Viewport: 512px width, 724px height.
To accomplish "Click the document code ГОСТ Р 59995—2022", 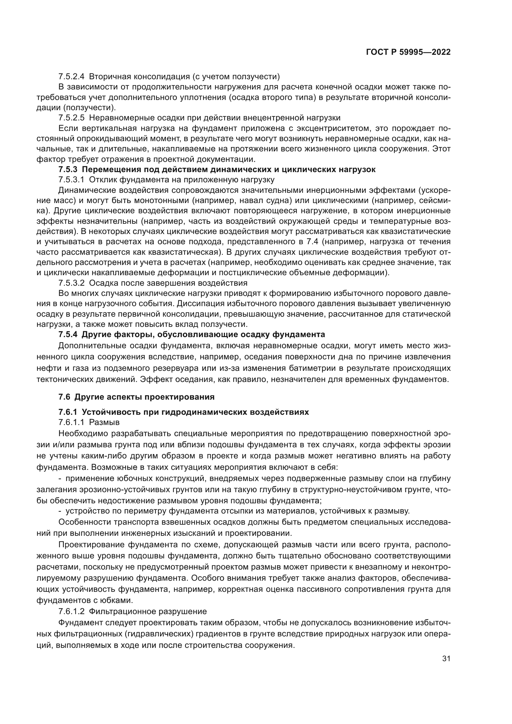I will pos(408,52).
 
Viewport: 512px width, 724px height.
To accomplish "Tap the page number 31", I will pos(446,659).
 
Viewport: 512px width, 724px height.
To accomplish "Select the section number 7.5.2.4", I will pos(71,77).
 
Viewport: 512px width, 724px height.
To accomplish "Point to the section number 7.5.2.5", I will pos(71,118).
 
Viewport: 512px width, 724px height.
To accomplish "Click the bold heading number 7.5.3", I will pos(68,170).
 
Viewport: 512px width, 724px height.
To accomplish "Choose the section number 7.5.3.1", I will pos(71,180).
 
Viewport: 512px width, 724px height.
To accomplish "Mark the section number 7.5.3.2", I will pos(71,283).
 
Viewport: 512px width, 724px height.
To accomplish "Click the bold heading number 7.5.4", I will pos(68,334).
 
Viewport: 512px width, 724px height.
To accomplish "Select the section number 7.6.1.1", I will pos(71,422).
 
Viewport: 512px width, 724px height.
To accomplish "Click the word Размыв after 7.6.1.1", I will pos(104,422).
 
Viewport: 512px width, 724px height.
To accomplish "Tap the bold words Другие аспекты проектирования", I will pos(144,397).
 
